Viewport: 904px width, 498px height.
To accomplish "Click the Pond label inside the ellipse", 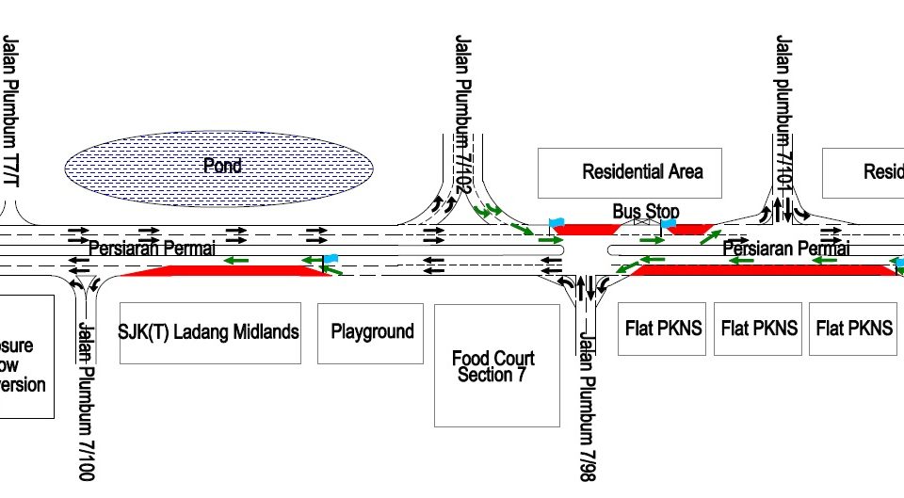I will coord(222,166).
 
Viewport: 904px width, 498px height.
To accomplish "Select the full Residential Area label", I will coord(642,172).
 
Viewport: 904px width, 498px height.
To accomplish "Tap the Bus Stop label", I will coord(645,212).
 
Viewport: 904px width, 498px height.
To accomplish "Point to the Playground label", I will coord(372,331).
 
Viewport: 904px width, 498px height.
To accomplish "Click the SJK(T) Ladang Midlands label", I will coord(209,331).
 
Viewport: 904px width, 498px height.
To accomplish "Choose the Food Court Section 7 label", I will coord(492,366).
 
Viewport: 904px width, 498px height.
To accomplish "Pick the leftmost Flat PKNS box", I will coord(663,329).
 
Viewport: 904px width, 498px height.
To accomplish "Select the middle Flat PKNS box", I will coord(759,329).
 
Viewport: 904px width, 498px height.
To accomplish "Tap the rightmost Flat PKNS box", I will coord(854,329).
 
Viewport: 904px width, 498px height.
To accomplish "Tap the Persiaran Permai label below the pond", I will coord(152,248).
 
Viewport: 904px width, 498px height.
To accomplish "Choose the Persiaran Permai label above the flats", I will coord(785,249).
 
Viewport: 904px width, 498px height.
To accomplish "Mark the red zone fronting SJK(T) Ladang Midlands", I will coord(226,271).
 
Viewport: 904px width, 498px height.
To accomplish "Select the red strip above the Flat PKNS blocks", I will coord(763,270).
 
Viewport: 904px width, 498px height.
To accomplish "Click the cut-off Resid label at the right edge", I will coord(882,172).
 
